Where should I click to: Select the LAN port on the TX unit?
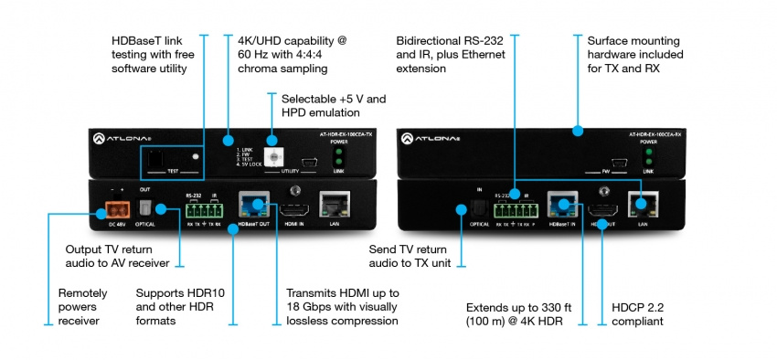tap(331, 205)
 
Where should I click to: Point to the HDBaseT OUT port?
tap(253, 206)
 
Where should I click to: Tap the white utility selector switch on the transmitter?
tap(271, 143)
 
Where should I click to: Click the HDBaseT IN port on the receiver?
tap(559, 206)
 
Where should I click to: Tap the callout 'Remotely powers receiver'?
tap(83, 306)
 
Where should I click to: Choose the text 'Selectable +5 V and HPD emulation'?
tap(334, 104)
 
